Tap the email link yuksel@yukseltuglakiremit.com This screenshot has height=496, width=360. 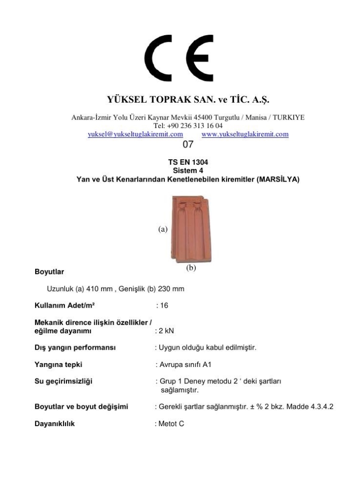tap(135, 134)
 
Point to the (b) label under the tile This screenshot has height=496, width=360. tap(191, 268)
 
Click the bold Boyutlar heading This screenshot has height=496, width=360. tap(49, 272)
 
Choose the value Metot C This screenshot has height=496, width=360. tap(172, 424)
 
